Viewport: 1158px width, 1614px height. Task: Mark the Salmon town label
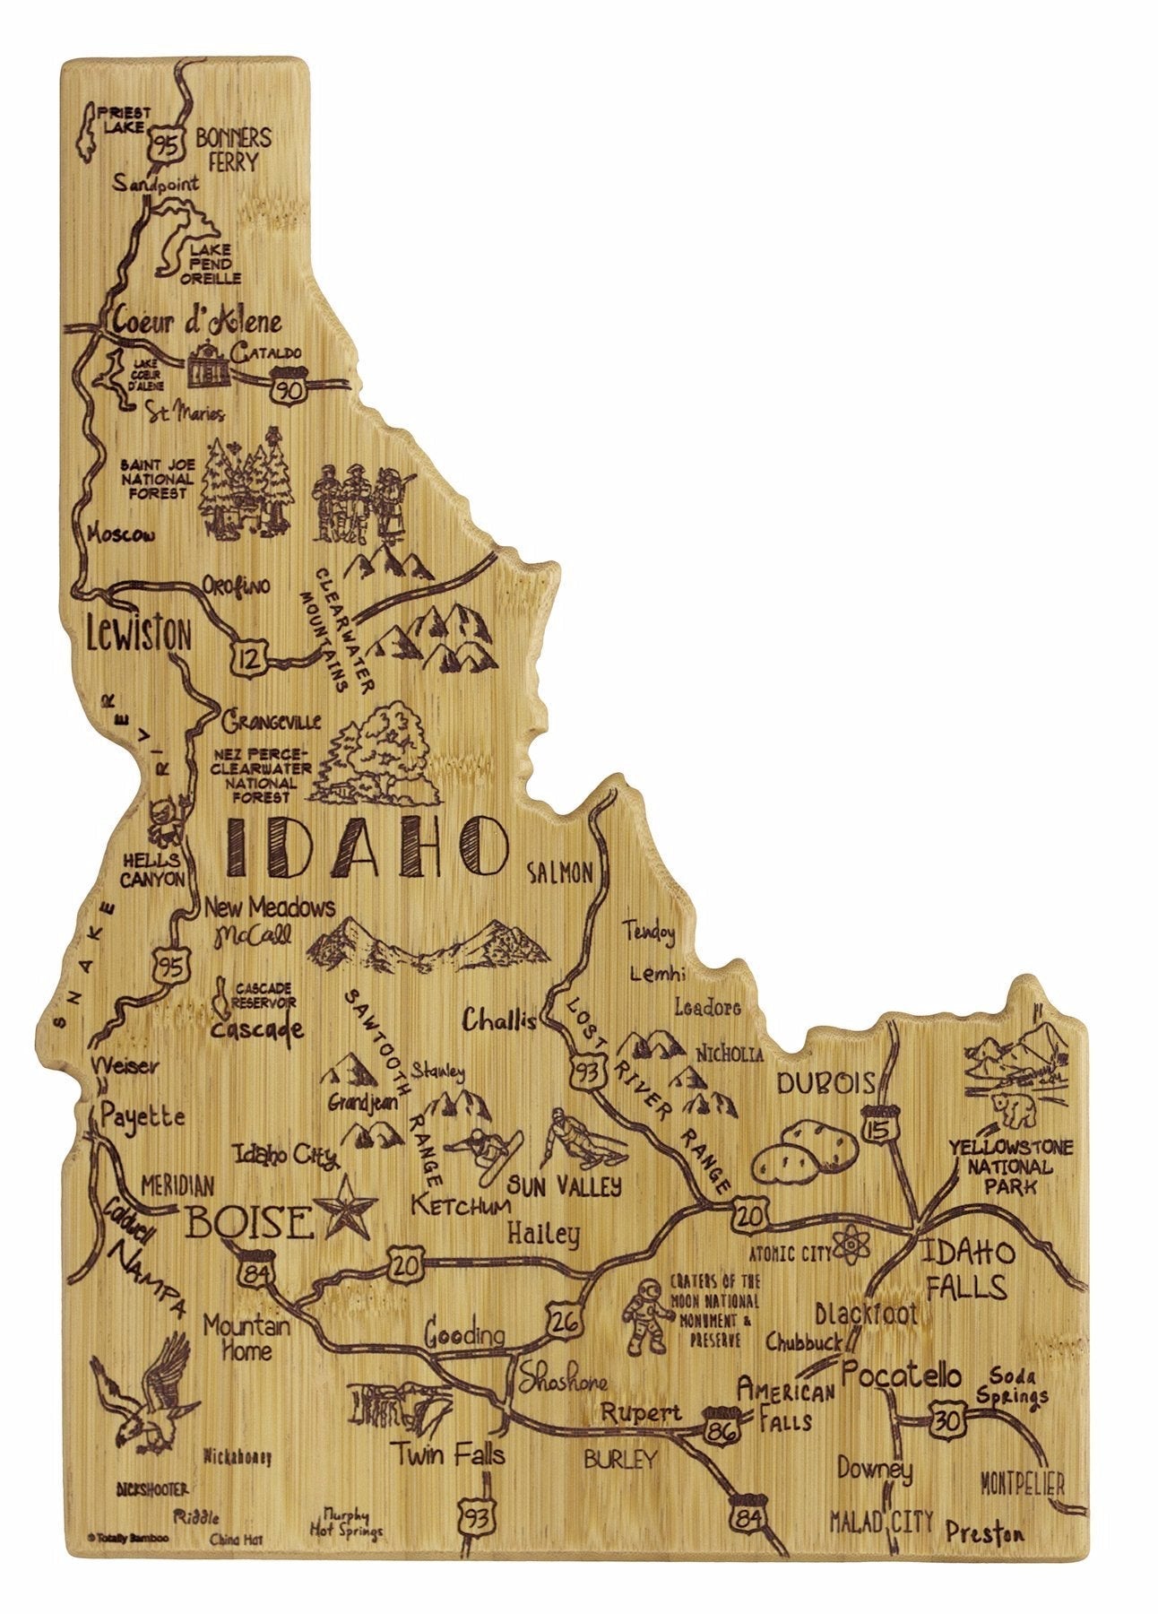click(x=561, y=871)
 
